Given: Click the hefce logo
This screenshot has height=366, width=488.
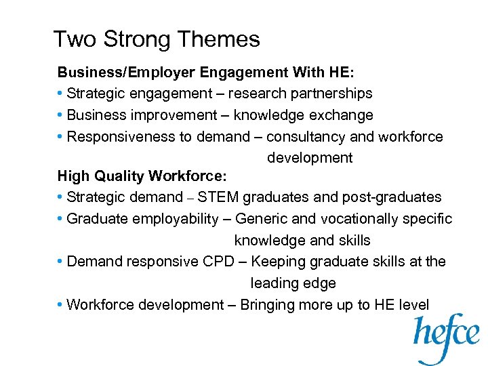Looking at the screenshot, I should (447, 337).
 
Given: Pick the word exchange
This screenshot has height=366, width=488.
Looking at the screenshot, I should (341, 115).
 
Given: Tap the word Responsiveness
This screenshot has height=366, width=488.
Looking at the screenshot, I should (121, 137).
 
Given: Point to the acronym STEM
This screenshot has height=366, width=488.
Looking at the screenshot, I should (218, 197).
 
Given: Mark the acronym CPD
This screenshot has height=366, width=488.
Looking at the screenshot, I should (202, 262).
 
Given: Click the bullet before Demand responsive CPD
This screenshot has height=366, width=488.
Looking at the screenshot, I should (61, 262).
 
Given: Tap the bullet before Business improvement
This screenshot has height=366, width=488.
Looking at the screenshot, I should (61, 115).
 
